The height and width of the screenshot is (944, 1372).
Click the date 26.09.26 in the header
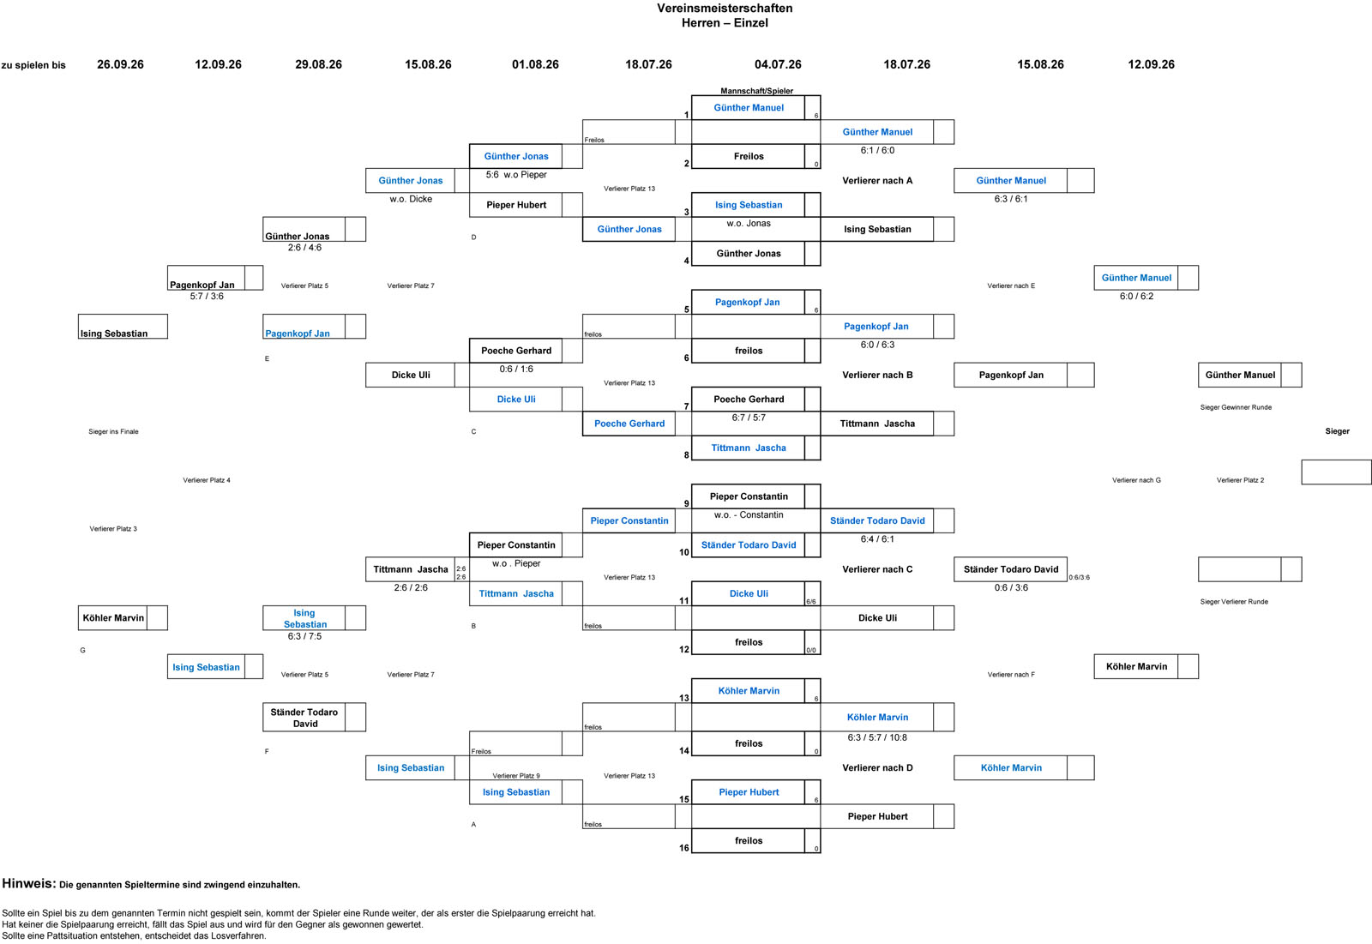click(120, 64)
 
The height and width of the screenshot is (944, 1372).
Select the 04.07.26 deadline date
click(778, 64)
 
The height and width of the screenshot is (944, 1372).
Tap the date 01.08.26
click(535, 64)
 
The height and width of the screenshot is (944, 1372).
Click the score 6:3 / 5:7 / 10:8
click(877, 737)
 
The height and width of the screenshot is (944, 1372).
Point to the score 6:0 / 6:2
click(1136, 297)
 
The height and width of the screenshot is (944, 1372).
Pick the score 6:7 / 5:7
click(749, 418)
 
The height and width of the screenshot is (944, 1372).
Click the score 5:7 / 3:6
click(207, 297)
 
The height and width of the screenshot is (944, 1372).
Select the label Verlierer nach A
click(877, 181)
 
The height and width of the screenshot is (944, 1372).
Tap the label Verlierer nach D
click(877, 767)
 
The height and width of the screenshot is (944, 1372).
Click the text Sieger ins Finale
click(113, 432)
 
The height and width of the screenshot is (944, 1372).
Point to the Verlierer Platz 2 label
click(1240, 480)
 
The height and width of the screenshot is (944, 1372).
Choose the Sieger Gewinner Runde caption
click(1236, 407)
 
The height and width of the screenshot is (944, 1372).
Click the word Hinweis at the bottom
click(29, 883)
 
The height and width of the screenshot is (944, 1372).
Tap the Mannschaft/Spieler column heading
click(756, 91)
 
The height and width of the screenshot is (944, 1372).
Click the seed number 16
click(684, 848)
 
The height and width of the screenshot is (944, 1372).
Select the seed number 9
click(687, 503)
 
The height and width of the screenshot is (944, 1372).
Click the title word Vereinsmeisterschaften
click(725, 8)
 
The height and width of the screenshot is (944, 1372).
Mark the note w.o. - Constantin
click(749, 515)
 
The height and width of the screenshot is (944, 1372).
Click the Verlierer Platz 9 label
click(516, 776)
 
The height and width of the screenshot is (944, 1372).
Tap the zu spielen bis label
click(33, 65)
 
